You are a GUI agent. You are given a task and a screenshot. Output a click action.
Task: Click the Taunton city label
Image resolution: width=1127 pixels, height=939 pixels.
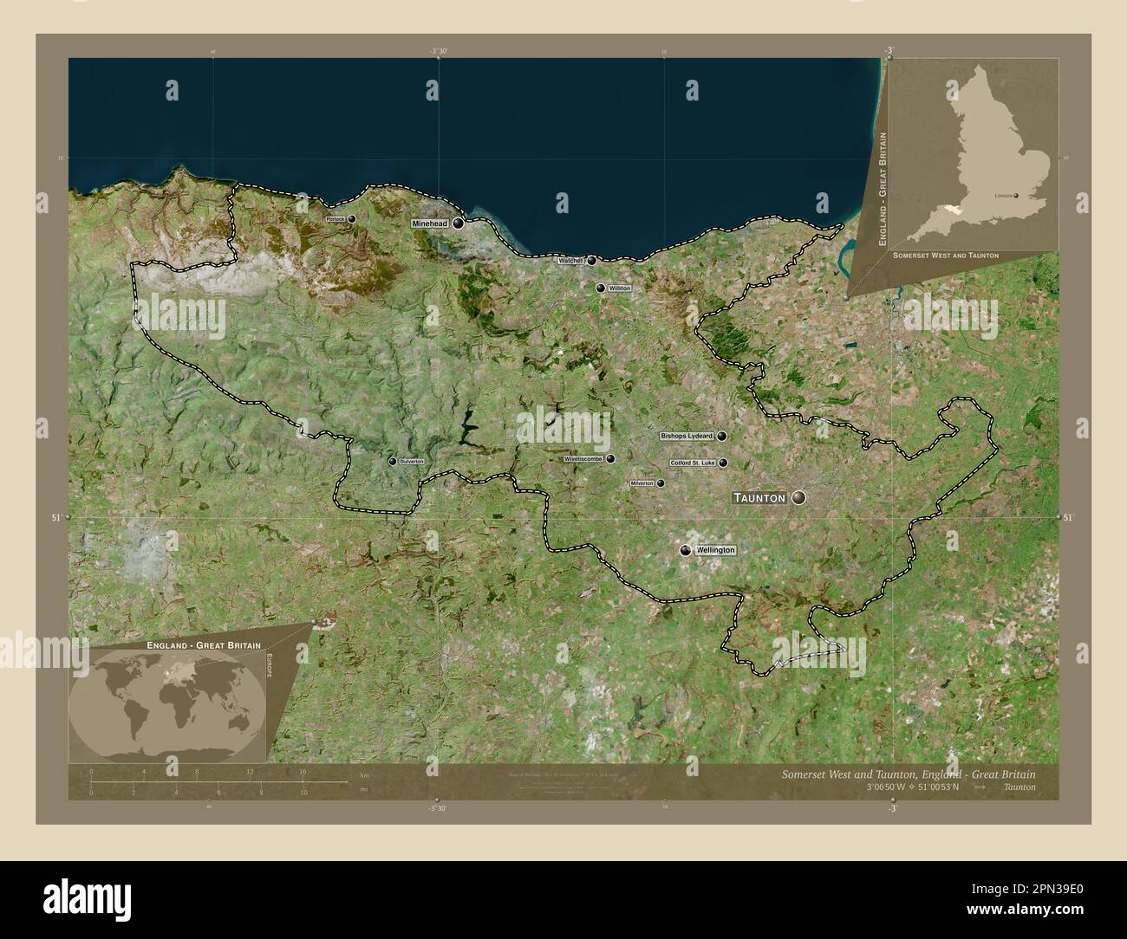pyautogui.click(x=760, y=498)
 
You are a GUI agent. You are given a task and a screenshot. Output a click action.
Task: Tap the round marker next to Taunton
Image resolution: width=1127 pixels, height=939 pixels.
pyautogui.click(x=798, y=497)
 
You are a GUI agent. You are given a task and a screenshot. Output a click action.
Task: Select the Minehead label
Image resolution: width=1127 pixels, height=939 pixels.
pyautogui.click(x=430, y=223)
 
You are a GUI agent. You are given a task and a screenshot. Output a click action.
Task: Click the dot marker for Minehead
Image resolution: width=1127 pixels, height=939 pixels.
pyautogui.click(x=458, y=223)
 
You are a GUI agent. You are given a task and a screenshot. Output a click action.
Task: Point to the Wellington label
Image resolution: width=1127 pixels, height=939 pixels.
pyautogui.click(x=715, y=550)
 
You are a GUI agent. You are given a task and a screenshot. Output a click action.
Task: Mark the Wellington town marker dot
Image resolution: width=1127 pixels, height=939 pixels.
pyautogui.click(x=686, y=550)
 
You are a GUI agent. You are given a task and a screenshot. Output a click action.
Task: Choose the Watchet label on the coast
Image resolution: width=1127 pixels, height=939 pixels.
pyautogui.click(x=570, y=260)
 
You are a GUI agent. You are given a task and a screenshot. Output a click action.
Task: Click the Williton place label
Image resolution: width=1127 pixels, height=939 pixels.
pyautogui.click(x=620, y=288)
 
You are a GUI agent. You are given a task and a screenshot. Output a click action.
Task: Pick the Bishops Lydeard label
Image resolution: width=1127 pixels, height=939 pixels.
pyautogui.click(x=687, y=437)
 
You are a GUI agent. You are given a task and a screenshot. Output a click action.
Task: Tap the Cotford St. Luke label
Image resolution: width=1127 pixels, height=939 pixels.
pyautogui.click(x=693, y=463)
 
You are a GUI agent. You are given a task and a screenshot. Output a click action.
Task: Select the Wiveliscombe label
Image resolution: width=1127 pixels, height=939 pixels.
pyautogui.click(x=583, y=459)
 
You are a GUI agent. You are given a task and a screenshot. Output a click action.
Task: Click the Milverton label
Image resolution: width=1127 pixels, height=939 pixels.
pyautogui.click(x=642, y=483)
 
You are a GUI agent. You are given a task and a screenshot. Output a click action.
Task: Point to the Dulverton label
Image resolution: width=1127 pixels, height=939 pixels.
pyautogui.click(x=412, y=462)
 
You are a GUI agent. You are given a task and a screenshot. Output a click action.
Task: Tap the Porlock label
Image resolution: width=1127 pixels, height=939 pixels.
pyautogui.click(x=335, y=220)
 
